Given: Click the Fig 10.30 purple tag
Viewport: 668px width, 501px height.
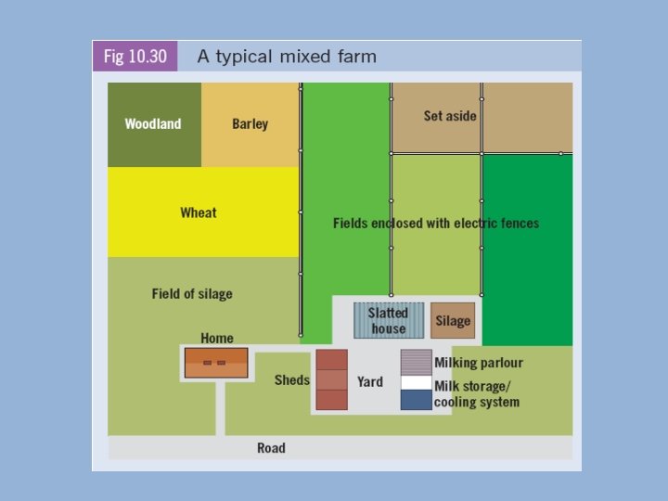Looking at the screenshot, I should [135, 57].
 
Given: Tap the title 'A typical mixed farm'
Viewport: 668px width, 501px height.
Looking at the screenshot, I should [287, 57].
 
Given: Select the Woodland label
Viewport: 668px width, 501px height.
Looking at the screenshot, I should [153, 124].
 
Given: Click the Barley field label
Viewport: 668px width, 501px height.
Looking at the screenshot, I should [250, 124].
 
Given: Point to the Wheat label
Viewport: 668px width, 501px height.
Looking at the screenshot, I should [199, 213].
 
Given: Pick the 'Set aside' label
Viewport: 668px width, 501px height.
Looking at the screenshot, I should [450, 116].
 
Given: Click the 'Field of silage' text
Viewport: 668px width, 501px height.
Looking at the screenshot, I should [192, 294].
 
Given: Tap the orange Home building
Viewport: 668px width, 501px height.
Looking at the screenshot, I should [216, 363].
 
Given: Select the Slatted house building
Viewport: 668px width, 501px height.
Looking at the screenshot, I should [389, 320].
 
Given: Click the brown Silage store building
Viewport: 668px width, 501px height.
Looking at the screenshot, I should [453, 320].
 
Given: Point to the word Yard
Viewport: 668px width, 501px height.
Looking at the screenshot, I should [370, 381].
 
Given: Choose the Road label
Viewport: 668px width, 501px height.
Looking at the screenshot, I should [271, 448].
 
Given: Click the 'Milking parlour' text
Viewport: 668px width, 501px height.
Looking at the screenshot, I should [479, 363].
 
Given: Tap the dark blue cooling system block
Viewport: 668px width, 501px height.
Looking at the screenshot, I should [416, 400].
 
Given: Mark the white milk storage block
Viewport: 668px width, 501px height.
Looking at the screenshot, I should [416, 382].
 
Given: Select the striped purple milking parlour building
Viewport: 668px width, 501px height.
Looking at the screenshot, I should [416, 362].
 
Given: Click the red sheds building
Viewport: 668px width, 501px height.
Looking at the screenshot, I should [331, 379].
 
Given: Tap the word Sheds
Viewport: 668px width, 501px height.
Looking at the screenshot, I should [292, 380].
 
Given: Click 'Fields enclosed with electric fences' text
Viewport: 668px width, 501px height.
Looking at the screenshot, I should [436, 224].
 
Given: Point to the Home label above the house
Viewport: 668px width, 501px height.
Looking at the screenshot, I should [217, 338].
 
